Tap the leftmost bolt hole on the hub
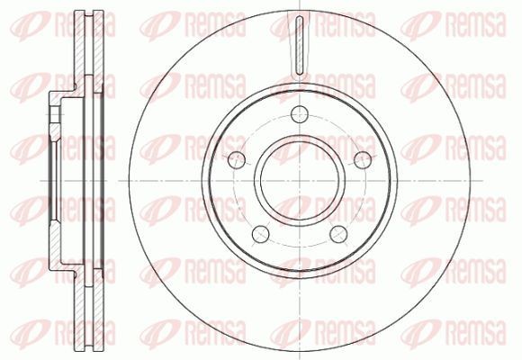[x=238, y=159]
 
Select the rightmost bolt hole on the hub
[x=362, y=159]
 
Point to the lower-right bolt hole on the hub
[x=339, y=232]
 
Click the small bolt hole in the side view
[x=54, y=115]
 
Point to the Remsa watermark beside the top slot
[x=324, y=23]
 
